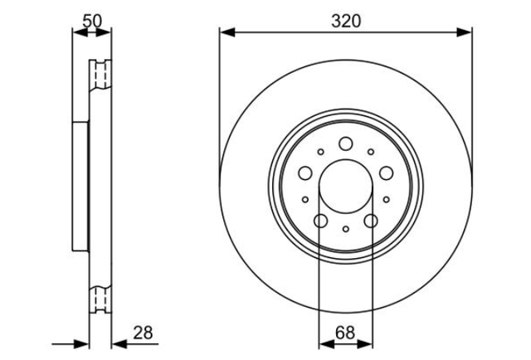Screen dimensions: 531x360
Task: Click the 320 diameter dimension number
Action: pos(346,21)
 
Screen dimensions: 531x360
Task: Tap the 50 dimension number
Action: pos(92,21)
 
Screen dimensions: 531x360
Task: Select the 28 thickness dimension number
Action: pos(143,333)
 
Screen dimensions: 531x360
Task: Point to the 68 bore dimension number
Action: pos(345,333)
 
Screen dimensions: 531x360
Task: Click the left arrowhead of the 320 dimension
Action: pos(227,32)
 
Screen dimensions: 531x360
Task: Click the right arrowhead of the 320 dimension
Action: pos(464,32)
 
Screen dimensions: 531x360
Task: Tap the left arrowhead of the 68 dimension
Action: pos(326,344)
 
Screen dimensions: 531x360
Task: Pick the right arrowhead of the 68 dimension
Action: pos(365,344)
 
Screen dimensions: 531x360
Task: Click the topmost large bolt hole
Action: pos(346,144)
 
